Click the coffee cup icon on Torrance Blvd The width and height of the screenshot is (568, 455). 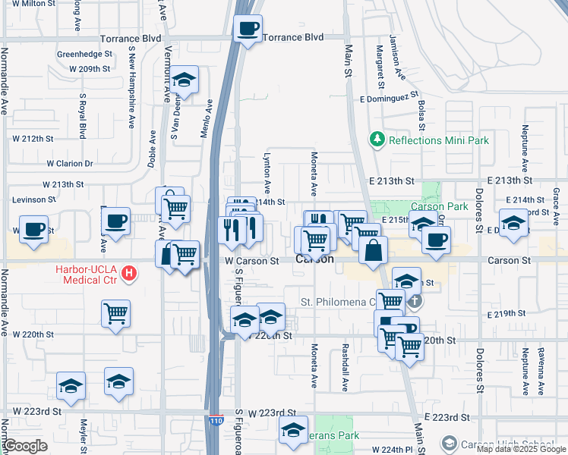(248, 30)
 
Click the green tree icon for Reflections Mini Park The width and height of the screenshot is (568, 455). (377, 140)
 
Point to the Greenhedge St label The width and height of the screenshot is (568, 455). (84, 55)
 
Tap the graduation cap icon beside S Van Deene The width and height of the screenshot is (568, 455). (183, 80)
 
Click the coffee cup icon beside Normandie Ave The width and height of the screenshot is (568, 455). (33, 228)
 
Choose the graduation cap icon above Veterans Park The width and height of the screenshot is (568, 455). (293, 429)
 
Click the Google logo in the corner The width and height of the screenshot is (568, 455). (24, 446)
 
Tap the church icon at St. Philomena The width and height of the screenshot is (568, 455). (413, 302)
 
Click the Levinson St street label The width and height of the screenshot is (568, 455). (33, 199)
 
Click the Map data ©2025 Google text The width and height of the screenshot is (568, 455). (521, 450)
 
